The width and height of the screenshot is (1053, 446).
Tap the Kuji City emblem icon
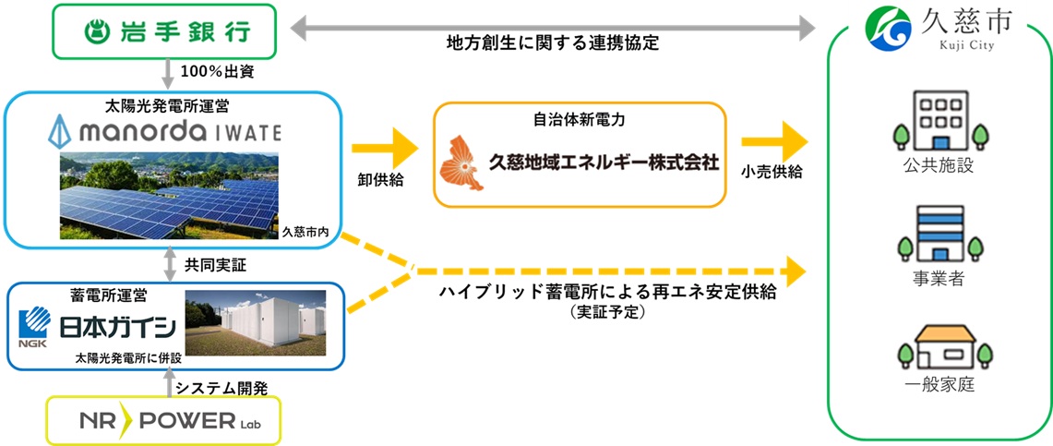click(884, 29)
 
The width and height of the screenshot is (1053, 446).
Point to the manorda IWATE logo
click(164, 131)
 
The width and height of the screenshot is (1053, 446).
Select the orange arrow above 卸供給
click(385, 143)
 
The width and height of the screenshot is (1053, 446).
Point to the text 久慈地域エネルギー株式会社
click(603, 160)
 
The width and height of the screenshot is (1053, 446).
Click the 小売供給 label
click(772, 172)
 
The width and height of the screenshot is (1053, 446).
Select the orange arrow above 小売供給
click(781, 142)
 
